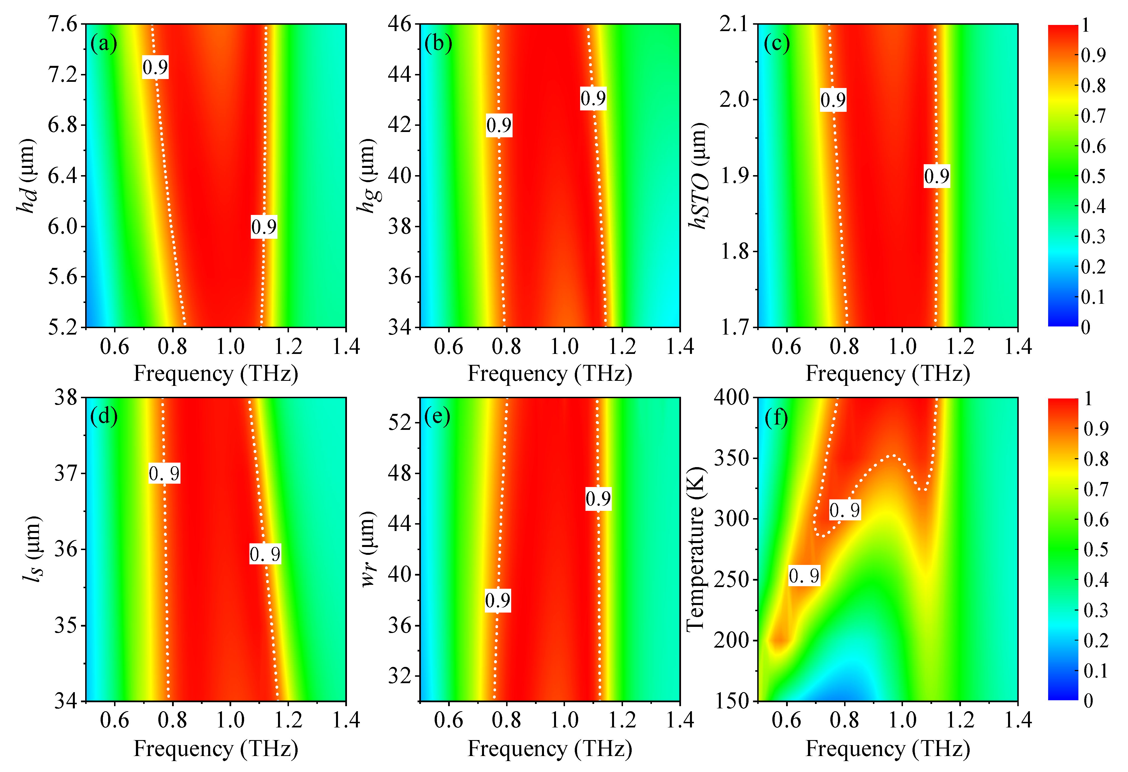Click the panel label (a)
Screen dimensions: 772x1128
pyautogui.click(x=103, y=44)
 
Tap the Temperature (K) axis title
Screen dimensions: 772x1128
pyautogui.click(x=695, y=549)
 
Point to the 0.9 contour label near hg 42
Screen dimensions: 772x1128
pyautogui.click(x=499, y=126)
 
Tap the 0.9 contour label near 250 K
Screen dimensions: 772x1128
pyautogui.click(x=804, y=576)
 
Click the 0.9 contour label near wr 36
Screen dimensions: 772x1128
pyautogui.click(x=497, y=601)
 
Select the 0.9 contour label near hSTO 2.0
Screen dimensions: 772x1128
pyautogui.click(x=833, y=100)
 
